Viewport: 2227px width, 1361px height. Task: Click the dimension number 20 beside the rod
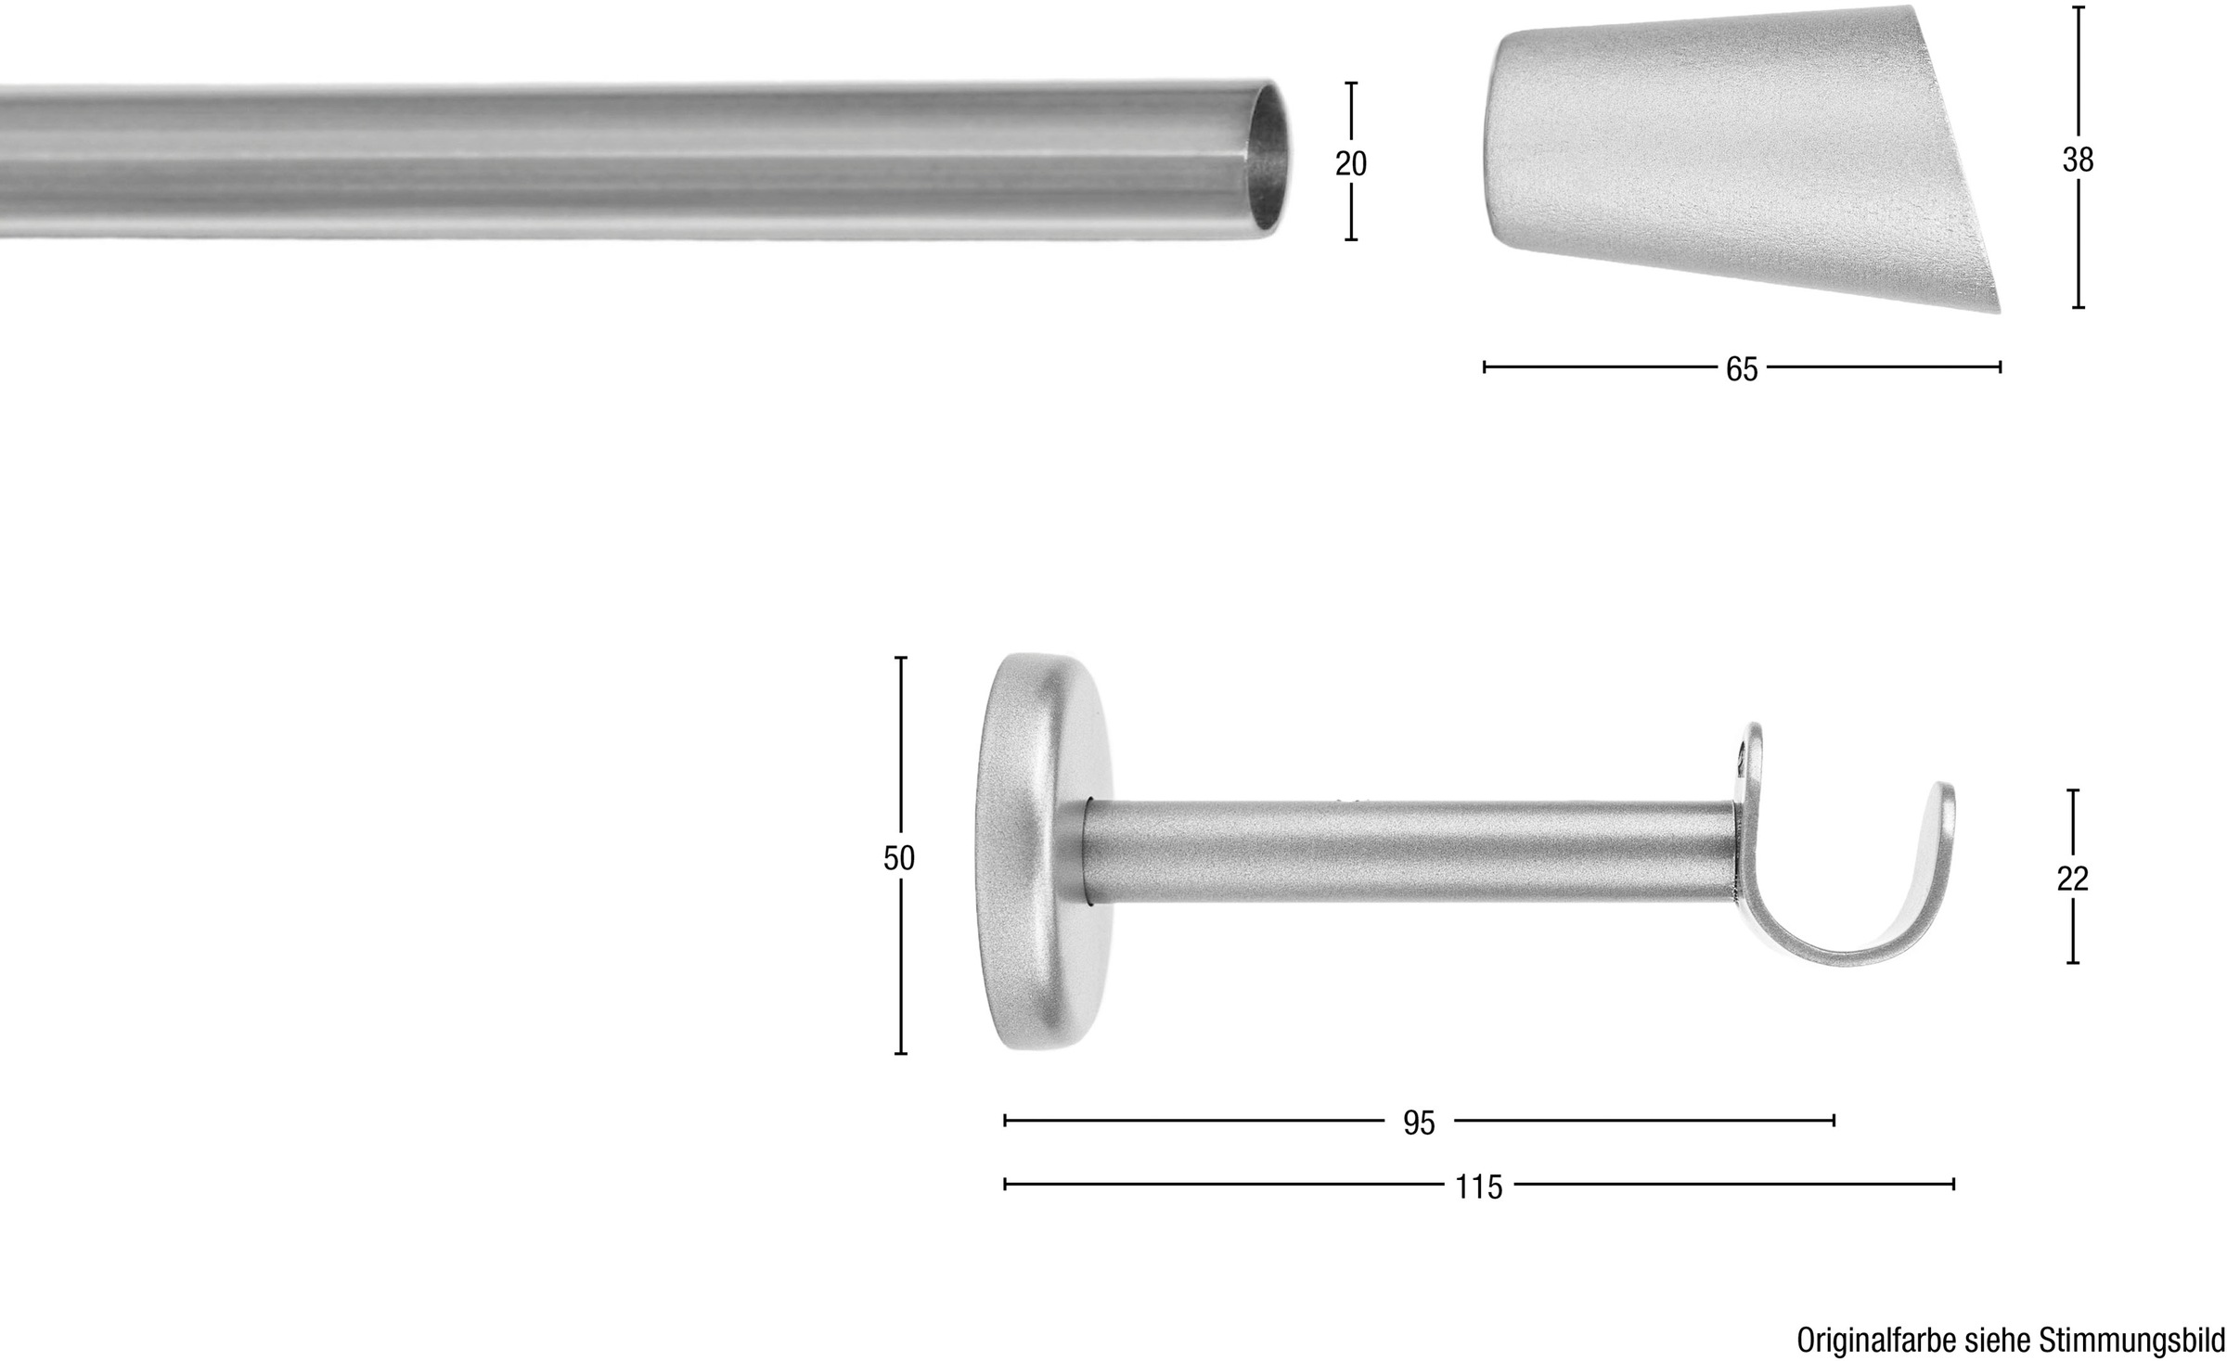click(x=1351, y=163)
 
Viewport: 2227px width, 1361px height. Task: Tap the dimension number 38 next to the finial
click(x=2078, y=160)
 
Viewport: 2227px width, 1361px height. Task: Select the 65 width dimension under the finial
click(x=1741, y=369)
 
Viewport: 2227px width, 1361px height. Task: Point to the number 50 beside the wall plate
click(x=898, y=858)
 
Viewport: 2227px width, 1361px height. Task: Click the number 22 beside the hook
click(x=2072, y=878)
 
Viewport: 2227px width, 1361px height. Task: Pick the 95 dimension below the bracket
click(x=1419, y=1123)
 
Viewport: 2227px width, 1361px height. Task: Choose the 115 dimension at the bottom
click(x=1478, y=1187)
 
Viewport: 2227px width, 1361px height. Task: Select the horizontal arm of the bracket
click(x=1410, y=852)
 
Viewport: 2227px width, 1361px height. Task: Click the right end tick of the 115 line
click(x=1953, y=1184)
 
